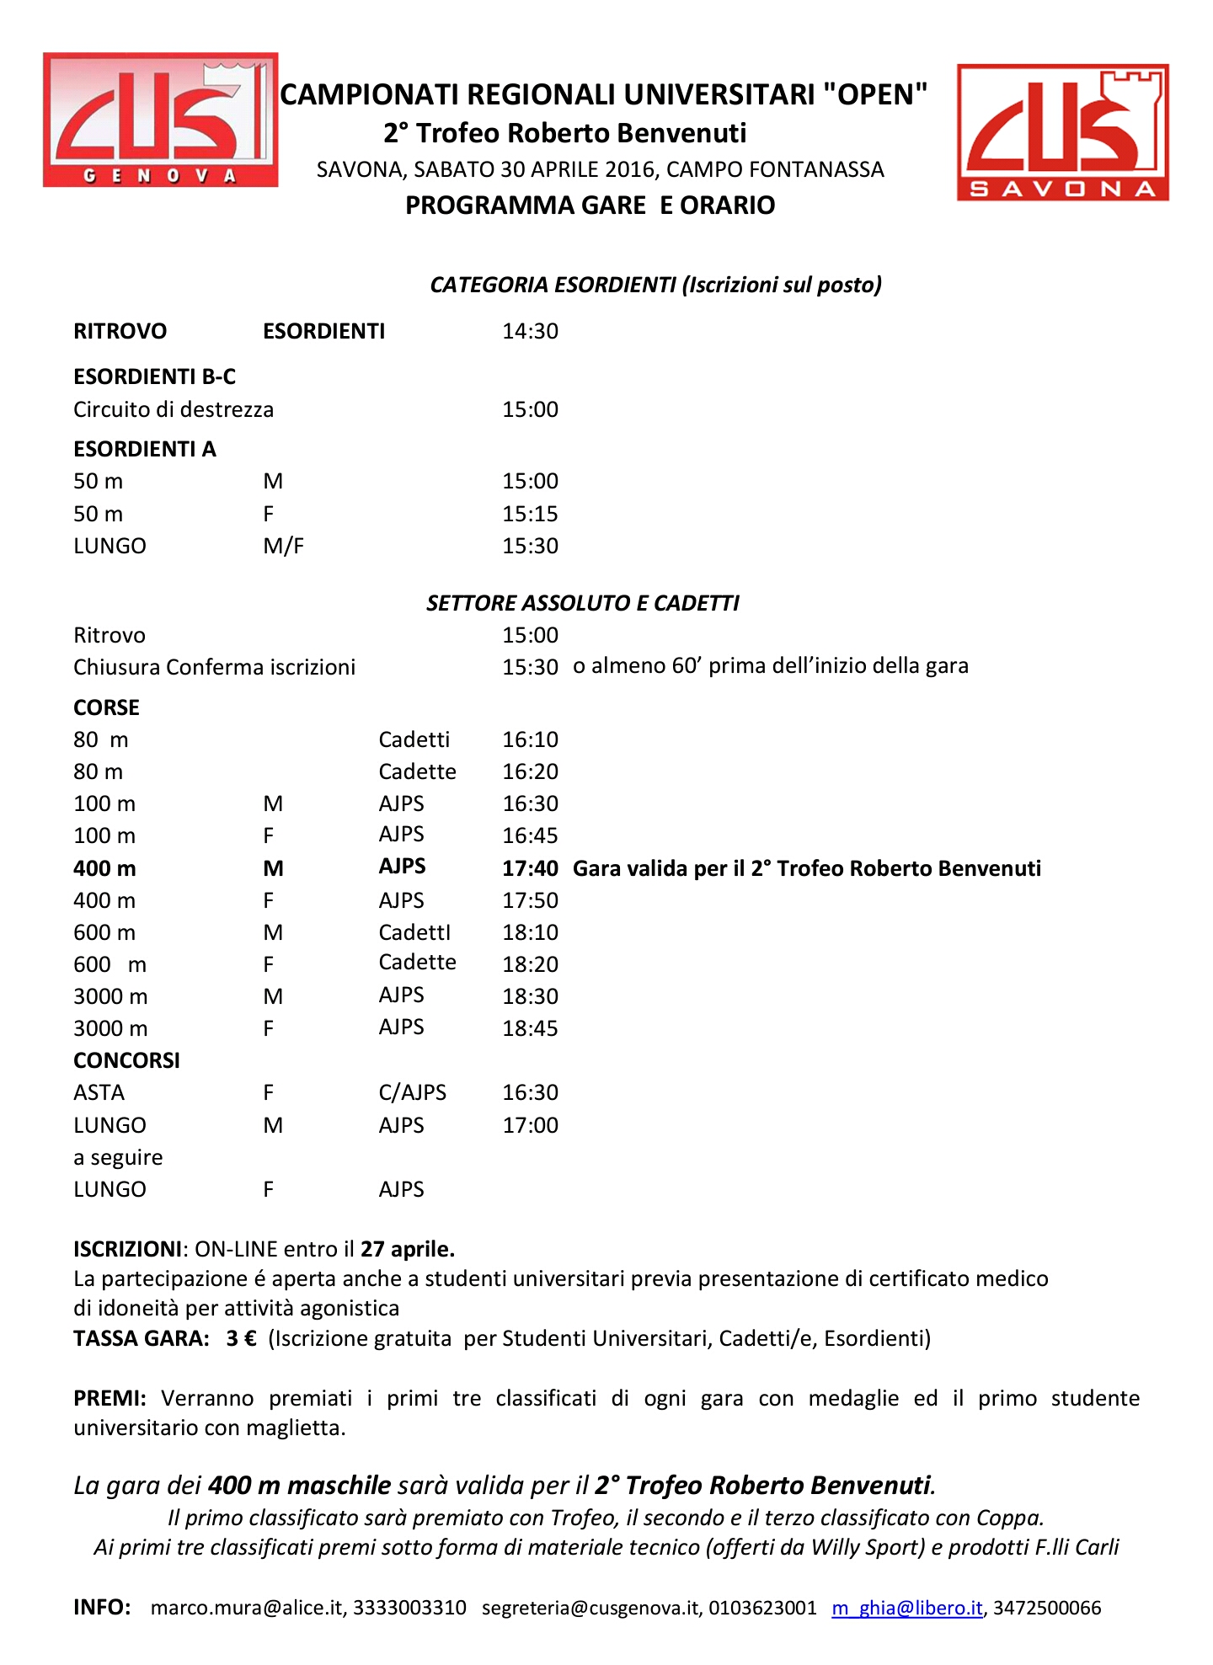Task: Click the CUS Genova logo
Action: point(160,120)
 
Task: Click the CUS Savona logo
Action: point(1062,133)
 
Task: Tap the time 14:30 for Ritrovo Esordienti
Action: point(530,331)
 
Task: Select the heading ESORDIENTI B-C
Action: point(154,376)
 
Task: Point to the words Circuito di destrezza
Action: point(174,409)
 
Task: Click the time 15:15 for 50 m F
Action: point(530,514)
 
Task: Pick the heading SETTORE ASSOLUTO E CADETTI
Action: point(582,603)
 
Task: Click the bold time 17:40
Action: point(530,868)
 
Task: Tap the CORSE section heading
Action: point(106,707)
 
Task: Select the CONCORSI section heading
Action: point(126,1060)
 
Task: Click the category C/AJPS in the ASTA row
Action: point(412,1092)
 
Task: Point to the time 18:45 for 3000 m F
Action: point(530,1028)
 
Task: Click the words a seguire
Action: point(118,1157)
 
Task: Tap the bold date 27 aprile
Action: point(408,1248)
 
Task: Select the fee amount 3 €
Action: point(241,1338)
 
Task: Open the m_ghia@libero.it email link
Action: point(906,1608)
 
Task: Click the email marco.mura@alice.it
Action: point(248,1608)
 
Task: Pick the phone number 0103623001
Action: point(762,1608)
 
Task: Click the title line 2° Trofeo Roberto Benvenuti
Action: point(564,133)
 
